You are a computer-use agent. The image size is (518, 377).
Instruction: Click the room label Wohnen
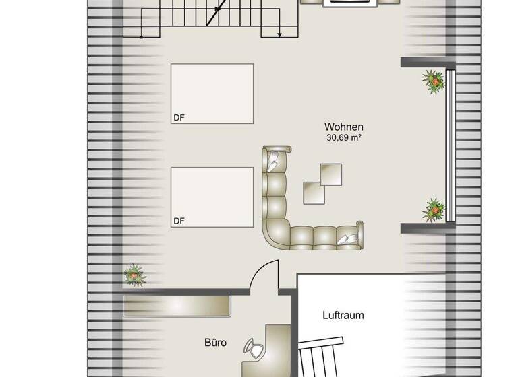(x=344, y=127)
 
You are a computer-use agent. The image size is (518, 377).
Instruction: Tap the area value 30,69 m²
(x=344, y=138)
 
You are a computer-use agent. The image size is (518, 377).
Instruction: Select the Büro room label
(x=215, y=343)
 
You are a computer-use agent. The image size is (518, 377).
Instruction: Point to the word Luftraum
(x=343, y=315)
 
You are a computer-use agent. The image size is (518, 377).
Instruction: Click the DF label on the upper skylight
(x=179, y=118)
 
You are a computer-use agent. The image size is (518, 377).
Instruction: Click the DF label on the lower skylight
(x=179, y=221)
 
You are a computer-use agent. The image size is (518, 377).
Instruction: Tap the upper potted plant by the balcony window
(x=434, y=82)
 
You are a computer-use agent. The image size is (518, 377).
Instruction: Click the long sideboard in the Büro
(x=177, y=306)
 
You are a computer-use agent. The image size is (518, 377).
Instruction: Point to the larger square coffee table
(x=330, y=174)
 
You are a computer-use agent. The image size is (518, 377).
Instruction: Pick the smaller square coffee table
(x=314, y=193)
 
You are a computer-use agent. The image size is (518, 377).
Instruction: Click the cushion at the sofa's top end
(x=277, y=160)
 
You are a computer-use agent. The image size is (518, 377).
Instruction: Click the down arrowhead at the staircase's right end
(x=280, y=34)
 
